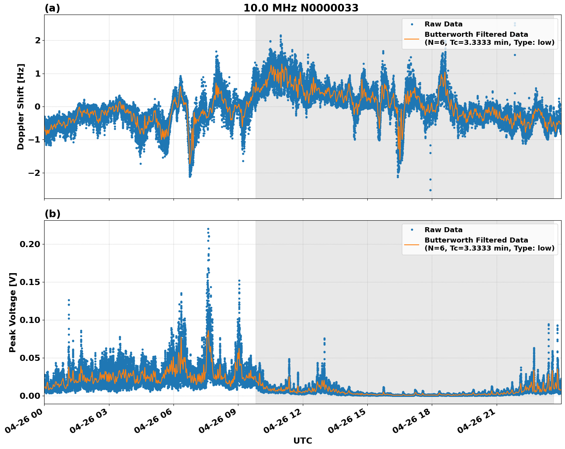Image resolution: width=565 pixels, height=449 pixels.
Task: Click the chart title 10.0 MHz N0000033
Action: click(301, 8)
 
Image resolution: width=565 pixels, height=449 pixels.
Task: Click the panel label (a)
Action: click(52, 8)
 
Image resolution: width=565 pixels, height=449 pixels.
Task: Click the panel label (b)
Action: click(52, 214)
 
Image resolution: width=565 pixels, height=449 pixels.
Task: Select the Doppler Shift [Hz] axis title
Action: click(21, 107)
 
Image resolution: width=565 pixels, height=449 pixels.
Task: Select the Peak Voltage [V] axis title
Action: click(13, 312)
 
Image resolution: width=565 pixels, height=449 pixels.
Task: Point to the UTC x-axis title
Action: click(302, 441)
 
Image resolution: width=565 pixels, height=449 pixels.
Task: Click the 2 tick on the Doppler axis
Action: click(38, 40)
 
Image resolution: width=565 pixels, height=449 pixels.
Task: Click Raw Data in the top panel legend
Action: click(443, 24)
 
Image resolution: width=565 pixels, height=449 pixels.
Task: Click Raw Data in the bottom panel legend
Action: click(443, 230)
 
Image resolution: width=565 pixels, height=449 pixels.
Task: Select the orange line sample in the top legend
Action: click(412, 38)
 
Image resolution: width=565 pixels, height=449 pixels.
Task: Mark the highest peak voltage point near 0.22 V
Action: click(208, 229)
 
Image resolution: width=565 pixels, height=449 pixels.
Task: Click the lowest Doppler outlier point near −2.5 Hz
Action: click(430, 190)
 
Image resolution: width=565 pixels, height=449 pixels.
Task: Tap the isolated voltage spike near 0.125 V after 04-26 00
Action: click(69, 300)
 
